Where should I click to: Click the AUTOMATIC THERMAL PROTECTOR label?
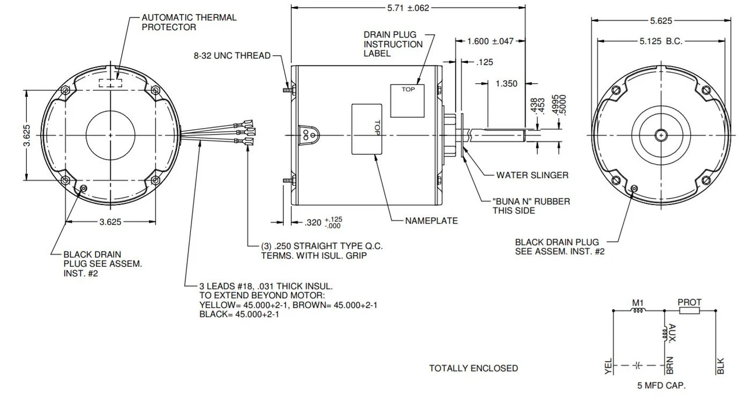point(189,22)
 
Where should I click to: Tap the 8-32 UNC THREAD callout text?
point(232,56)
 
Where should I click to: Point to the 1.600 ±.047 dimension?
point(491,41)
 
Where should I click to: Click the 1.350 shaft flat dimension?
point(506,84)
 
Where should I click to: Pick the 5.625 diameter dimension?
point(661,20)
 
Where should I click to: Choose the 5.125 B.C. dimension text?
point(661,41)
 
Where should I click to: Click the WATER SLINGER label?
point(532,175)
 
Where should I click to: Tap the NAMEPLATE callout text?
point(431,221)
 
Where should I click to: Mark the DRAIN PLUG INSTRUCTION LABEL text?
point(393,44)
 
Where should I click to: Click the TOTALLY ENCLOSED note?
point(473,368)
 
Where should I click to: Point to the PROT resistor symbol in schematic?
point(689,311)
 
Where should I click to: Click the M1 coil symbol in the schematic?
point(638,311)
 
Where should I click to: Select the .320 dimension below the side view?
point(314,222)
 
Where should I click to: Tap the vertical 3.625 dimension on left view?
point(19,135)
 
